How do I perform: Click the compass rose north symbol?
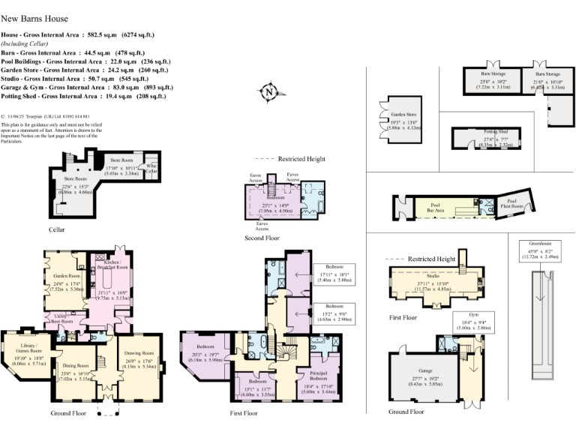[268, 92]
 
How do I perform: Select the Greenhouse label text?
[535, 244]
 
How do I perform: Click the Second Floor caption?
[262, 238]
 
